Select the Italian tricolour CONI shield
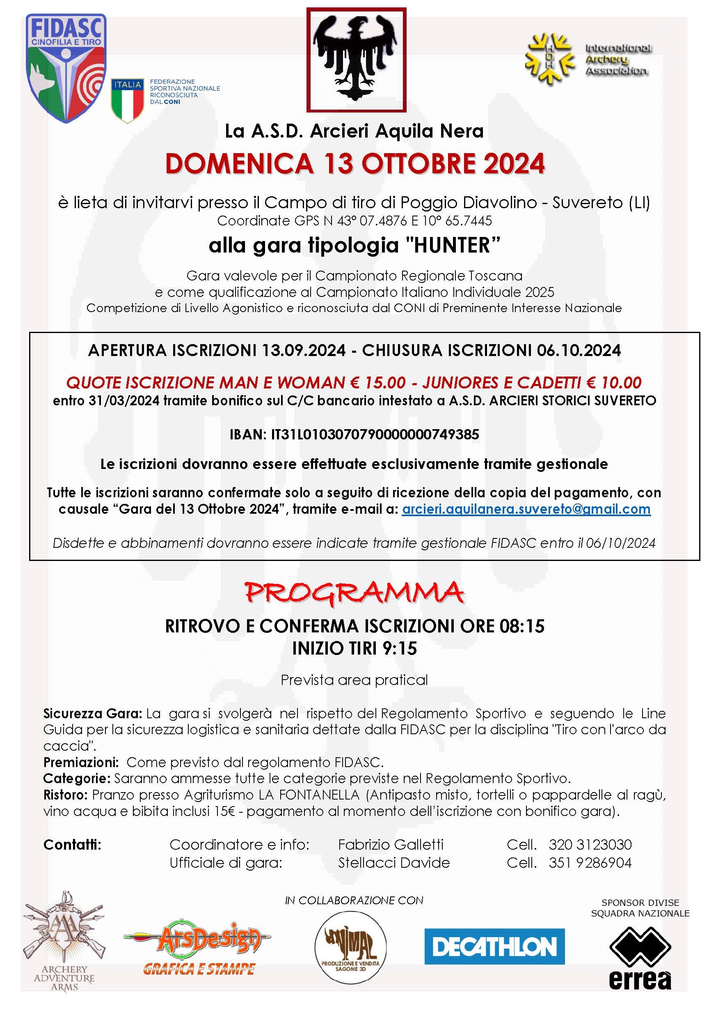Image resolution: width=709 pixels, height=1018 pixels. [x=127, y=100]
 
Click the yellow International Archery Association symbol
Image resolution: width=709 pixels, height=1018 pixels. [x=548, y=59]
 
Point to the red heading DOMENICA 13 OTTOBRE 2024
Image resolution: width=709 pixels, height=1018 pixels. [x=354, y=163]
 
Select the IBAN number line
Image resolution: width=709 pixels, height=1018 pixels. [x=354, y=434]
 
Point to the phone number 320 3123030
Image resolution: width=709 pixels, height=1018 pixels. [x=590, y=845]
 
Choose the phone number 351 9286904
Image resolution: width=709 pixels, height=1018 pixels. [x=590, y=863]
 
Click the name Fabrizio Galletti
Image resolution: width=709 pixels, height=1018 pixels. [x=390, y=845]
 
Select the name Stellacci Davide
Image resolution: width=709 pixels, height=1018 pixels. [x=393, y=863]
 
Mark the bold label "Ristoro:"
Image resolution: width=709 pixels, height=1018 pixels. [x=65, y=795]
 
